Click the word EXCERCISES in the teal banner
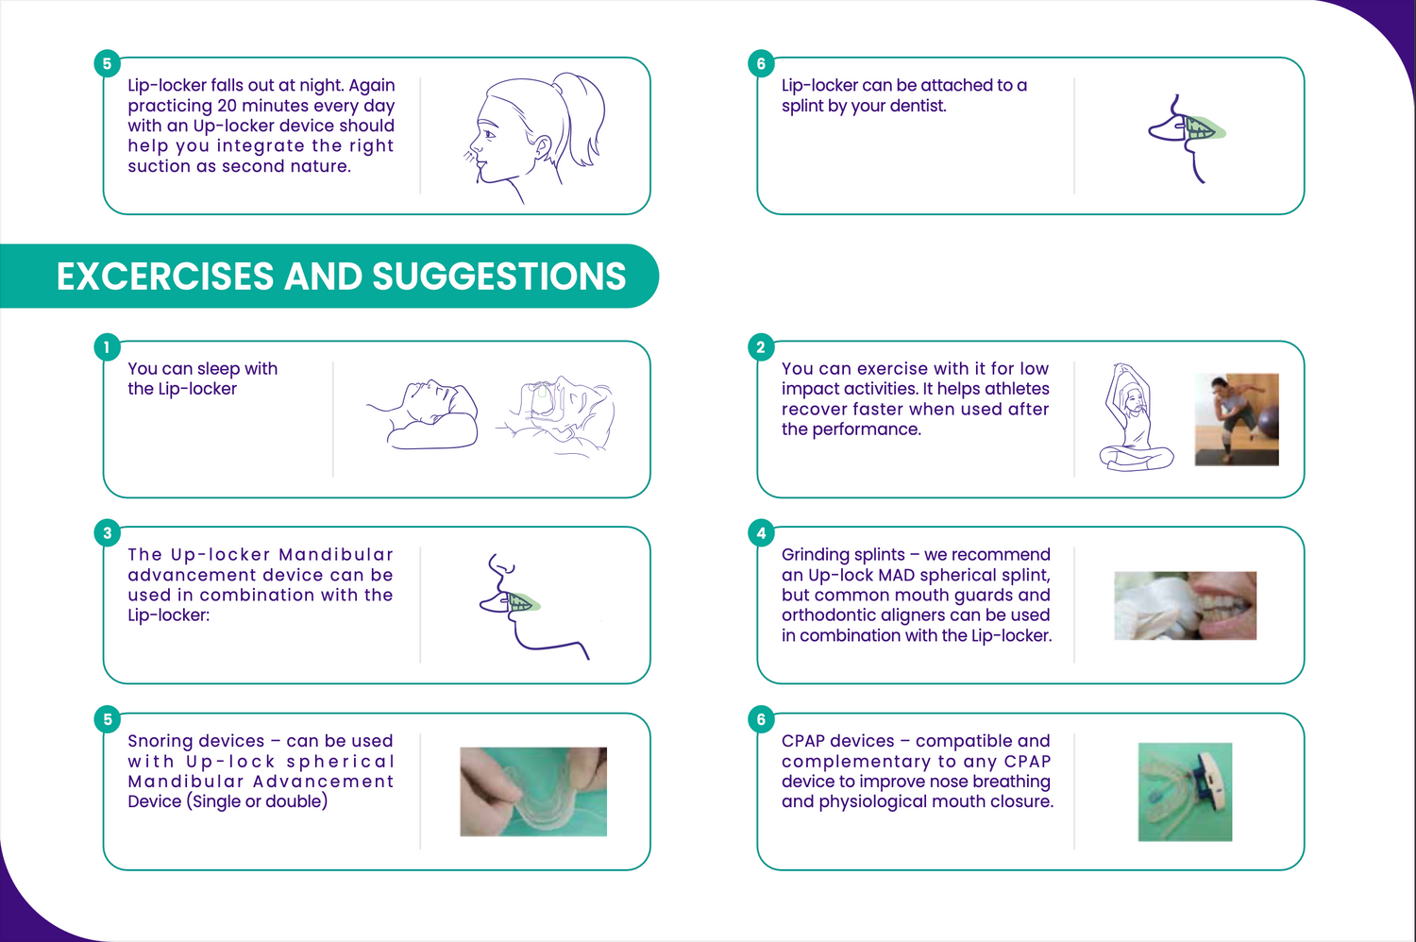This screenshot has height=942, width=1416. coord(165,277)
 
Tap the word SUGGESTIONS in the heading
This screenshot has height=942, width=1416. coord(498,277)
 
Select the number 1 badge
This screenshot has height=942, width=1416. coord(107,347)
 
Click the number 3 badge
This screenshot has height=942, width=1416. coord(107,533)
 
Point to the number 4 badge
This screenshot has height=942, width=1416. coord(761,533)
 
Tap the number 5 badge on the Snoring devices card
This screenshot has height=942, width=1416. coord(107,719)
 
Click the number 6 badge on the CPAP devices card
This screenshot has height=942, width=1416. coord(761,719)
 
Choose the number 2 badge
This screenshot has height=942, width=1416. coord(761,347)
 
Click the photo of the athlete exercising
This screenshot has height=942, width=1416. coord(1237,420)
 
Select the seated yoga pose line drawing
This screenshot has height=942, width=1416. coord(1136,417)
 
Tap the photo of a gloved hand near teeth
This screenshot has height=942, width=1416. coord(1186,606)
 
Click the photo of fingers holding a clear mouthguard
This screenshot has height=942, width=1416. coord(533,792)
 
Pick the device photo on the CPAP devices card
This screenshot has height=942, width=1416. coord(1186,792)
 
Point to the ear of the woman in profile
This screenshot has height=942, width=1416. coord(542,147)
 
